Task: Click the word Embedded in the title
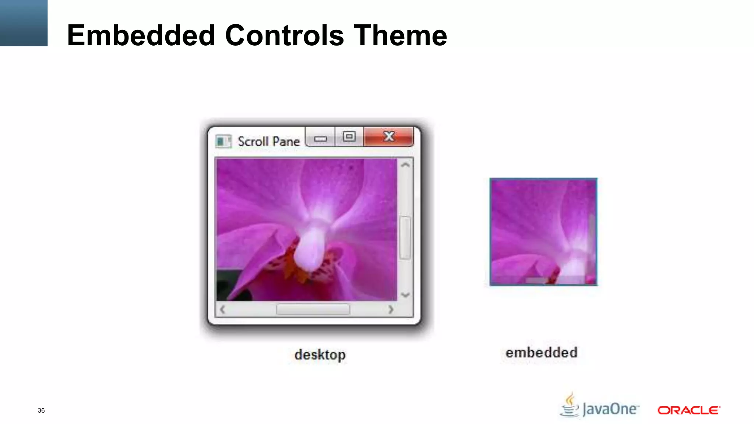click(141, 35)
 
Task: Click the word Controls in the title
click(284, 35)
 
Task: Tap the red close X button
click(389, 137)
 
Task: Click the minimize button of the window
click(320, 139)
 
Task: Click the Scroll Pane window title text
click(268, 141)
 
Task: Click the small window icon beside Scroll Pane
click(223, 141)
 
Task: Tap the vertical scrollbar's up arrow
click(405, 165)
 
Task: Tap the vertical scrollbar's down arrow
click(405, 295)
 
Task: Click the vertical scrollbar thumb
click(405, 238)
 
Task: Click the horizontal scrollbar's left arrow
click(222, 310)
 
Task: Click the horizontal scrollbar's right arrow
click(391, 310)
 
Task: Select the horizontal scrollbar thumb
click(313, 310)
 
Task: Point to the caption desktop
click(320, 355)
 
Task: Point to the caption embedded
click(541, 353)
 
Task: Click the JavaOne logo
click(600, 407)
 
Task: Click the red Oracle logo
click(688, 410)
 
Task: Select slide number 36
click(41, 410)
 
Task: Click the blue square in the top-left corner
click(24, 23)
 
